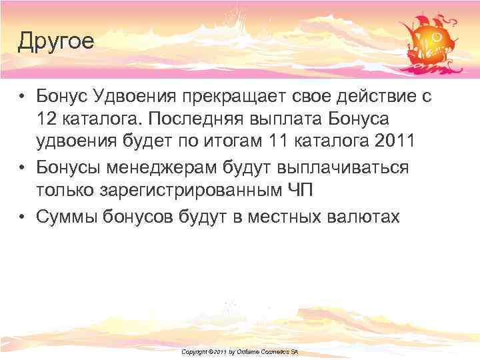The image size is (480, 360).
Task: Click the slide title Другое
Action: (x=56, y=42)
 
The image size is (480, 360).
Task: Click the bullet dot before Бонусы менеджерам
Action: (x=22, y=167)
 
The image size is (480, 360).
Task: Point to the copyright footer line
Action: (x=239, y=351)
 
